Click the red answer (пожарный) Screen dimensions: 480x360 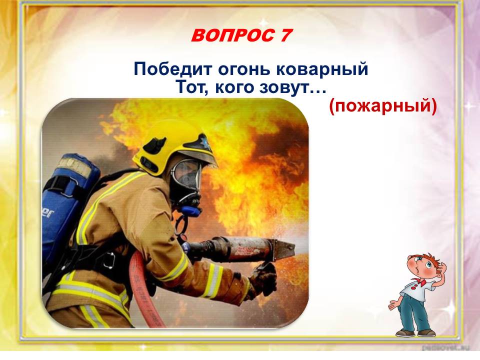tap(383, 106)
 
